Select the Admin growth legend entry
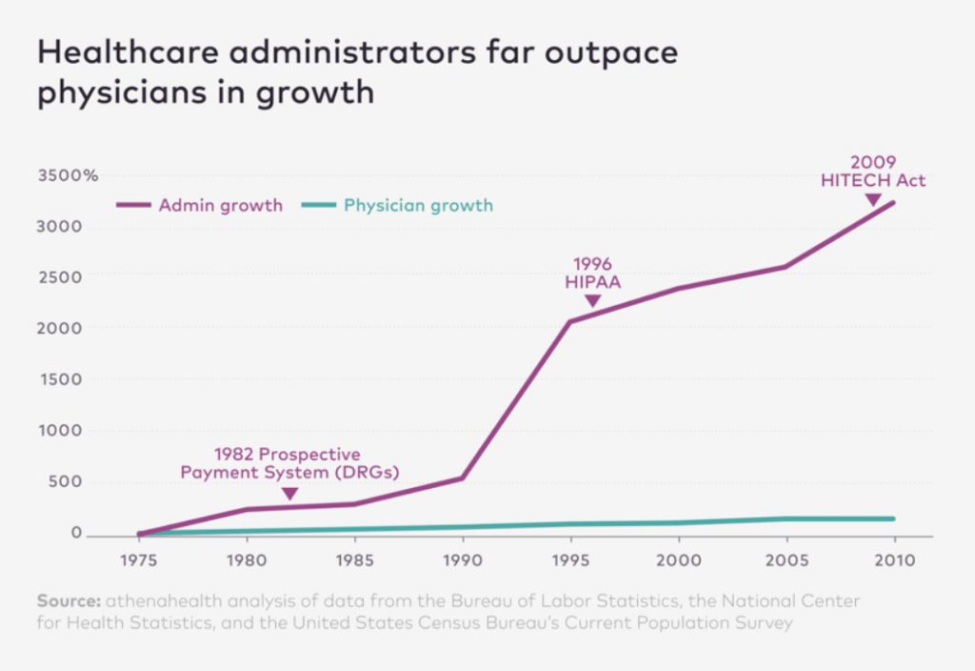point(199,205)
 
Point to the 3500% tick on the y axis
point(68,175)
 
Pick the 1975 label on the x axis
point(140,560)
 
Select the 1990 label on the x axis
point(463,560)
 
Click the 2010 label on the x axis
point(893,560)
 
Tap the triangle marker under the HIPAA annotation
point(592,301)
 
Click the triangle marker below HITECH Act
point(872,199)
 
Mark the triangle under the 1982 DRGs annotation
point(290,494)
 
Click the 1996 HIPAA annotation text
point(592,272)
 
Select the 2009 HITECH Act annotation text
point(873,171)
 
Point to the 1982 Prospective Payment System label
point(289,463)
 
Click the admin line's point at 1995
point(570,321)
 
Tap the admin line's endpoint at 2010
point(893,202)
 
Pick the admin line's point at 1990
point(463,478)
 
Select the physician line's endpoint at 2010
point(893,518)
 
